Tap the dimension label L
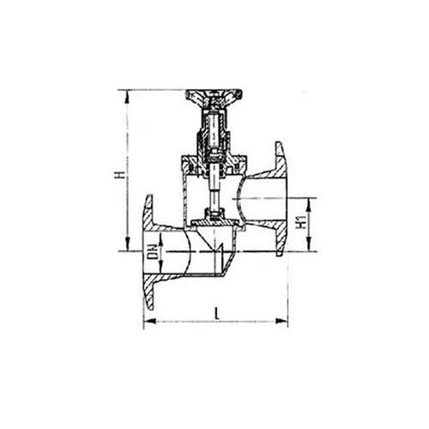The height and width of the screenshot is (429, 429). click(218, 313)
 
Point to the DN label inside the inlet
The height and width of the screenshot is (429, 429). click(153, 251)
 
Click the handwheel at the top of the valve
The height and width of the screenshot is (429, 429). click(214, 98)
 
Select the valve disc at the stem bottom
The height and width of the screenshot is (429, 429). click(214, 222)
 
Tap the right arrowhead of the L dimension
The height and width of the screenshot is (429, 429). click(281, 321)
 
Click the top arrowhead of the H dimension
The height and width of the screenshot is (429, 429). click(127, 97)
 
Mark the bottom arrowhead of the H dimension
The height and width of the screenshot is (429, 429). click(127, 245)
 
